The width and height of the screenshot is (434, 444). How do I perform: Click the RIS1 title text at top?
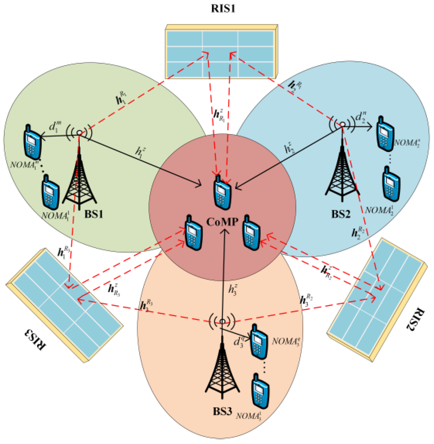coord(223,8)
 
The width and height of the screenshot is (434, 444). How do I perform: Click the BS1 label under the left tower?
coord(94,214)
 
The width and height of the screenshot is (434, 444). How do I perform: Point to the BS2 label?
coord(341,214)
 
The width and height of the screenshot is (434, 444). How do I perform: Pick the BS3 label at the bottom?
coord(222,411)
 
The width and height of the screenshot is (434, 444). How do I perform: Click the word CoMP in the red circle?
coord(222,222)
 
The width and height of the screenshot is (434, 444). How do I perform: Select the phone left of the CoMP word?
coord(194,233)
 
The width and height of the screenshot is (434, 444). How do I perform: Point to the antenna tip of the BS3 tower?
coord(222,321)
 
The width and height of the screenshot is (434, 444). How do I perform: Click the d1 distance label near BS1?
coord(55,126)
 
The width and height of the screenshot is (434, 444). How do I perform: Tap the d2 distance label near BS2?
coord(360,117)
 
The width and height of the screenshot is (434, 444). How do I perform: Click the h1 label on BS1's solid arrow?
coord(140,151)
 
